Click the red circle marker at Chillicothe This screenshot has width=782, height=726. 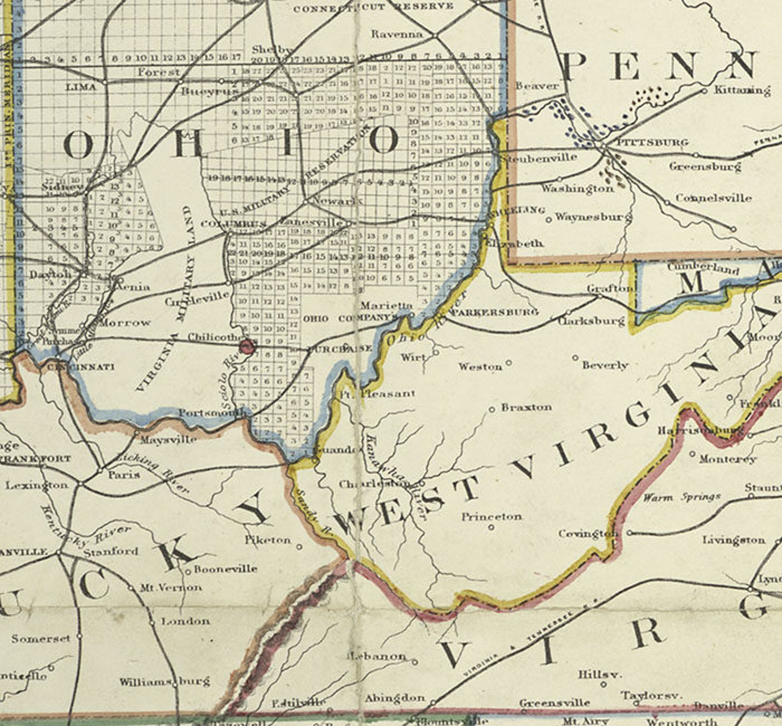(247, 347)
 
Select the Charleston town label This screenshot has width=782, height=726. (373, 484)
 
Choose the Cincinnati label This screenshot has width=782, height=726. (81, 367)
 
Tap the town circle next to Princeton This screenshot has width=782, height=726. (491, 527)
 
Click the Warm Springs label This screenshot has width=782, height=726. (682, 497)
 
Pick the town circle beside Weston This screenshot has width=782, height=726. (509, 363)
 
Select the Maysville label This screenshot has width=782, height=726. (168, 438)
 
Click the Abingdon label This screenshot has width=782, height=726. (394, 698)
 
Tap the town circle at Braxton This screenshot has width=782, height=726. (491, 409)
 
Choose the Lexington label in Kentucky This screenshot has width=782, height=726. (36, 485)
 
